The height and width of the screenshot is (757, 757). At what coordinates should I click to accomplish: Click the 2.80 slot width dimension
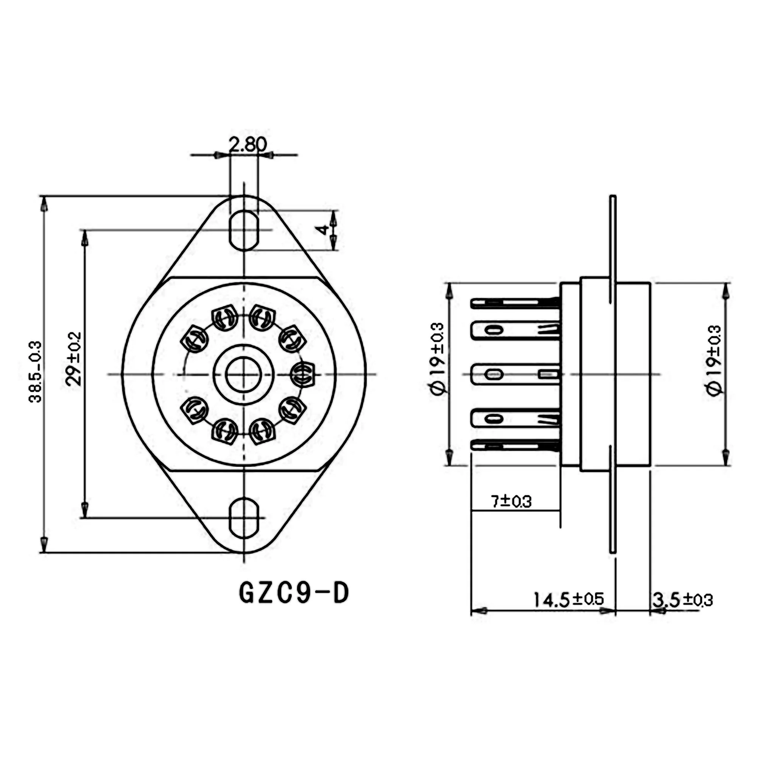(247, 144)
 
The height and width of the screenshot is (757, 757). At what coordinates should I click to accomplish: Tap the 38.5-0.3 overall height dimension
(36, 372)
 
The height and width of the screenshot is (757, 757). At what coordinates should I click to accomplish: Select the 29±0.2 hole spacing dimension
(75, 359)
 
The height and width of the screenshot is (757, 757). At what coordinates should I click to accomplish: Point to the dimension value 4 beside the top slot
(322, 230)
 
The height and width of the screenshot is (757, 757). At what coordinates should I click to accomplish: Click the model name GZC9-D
(294, 593)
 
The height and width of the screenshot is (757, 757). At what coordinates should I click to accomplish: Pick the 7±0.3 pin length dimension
(511, 502)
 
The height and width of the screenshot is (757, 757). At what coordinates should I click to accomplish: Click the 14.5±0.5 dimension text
(569, 600)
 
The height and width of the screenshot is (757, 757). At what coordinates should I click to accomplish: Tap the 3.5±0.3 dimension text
(682, 600)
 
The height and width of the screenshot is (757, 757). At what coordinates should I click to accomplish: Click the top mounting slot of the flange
(244, 231)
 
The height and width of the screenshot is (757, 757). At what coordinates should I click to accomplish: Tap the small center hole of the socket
(243, 375)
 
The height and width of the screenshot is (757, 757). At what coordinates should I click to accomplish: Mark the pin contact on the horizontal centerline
(303, 375)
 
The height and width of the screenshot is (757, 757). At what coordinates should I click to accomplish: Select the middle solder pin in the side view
(515, 374)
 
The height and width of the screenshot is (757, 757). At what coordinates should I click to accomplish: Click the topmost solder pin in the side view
(515, 303)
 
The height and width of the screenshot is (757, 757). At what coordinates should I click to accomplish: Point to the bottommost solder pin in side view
(515, 445)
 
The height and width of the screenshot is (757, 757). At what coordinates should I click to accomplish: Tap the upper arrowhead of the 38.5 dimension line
(44, 204)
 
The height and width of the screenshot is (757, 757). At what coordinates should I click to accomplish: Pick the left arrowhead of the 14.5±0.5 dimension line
(479, 611)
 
